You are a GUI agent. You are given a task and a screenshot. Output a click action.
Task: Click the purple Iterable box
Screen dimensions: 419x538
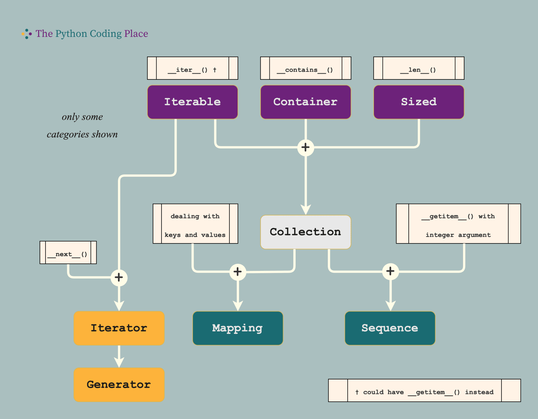[x=193, y=102]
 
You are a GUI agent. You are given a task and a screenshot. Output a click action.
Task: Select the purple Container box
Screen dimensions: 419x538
[x=306, y=102]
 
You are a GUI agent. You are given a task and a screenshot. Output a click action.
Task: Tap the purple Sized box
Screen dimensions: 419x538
[x=419, y=102]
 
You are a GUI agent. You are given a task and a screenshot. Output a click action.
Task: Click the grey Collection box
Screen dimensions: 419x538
[x=306, y=232]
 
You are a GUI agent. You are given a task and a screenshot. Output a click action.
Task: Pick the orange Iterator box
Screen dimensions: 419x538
[x=119, y=328]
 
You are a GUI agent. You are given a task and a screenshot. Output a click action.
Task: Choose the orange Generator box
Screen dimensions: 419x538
[x=119, y=385]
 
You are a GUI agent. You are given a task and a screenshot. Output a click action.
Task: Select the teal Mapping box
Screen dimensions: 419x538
[x=238, y=328]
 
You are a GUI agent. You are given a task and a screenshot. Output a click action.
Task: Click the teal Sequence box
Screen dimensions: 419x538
[x=390, y=328]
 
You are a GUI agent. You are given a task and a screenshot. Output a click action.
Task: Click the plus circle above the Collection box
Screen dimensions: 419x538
[x=306, y=147]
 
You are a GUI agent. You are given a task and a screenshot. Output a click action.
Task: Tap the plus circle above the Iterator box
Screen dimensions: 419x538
[x=119, y=277]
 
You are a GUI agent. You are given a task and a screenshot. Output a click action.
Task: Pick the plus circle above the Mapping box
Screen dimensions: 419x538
[x=238, y=272]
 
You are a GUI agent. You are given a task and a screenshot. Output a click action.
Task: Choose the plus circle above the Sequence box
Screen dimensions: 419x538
[x=390, y=272]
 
